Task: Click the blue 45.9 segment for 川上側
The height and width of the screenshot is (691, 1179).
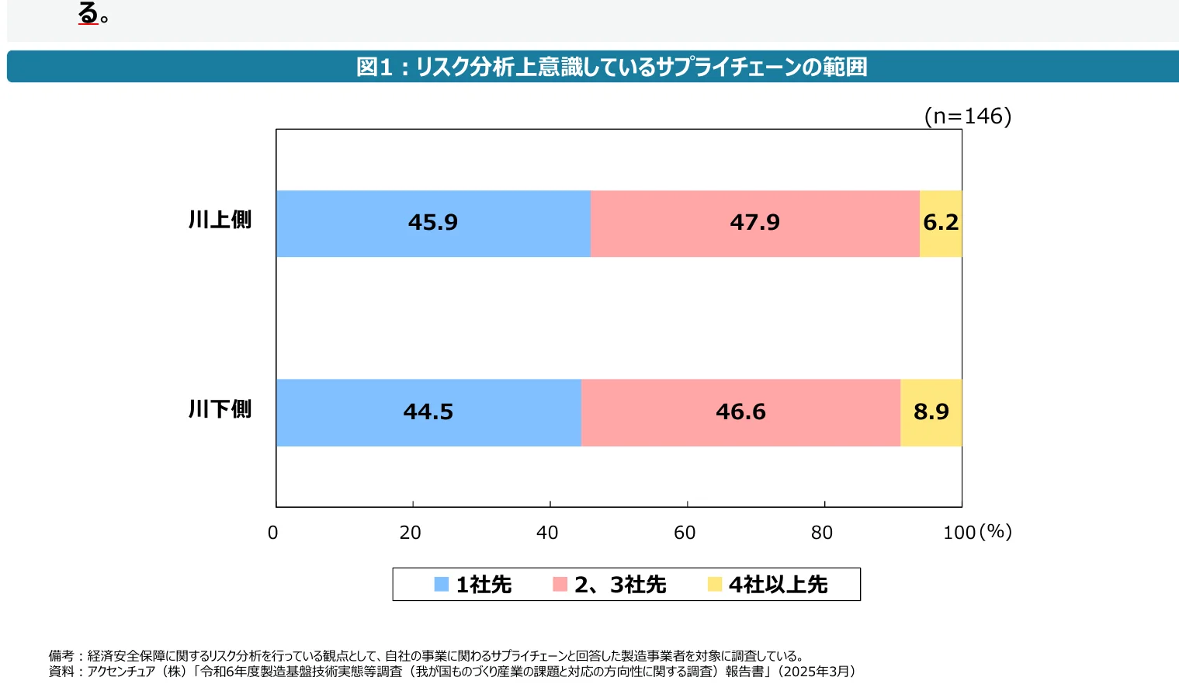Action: coord(433,224)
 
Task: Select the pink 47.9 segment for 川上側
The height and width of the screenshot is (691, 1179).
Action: coord(754,224)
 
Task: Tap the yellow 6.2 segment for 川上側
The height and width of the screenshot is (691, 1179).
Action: coord(941,224)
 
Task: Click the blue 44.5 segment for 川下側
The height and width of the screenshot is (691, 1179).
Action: coord(428,412)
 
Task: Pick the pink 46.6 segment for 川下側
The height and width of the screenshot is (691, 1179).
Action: coord(740,412)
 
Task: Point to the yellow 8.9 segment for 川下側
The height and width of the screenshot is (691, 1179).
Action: coord(931,412)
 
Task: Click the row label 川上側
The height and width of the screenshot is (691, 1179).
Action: coord(220,220)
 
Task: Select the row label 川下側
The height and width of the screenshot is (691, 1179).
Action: coord(220,409)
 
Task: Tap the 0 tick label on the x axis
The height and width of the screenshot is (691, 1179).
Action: coord(272,533)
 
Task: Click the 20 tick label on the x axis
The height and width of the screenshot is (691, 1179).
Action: coord(410,533)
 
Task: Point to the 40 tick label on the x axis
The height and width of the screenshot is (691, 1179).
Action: coord(547,533)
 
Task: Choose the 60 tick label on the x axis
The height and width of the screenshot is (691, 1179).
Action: coord(685,533)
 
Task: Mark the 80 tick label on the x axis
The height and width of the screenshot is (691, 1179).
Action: coord(822,533)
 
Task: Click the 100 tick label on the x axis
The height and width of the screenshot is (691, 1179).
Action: coord(959,533)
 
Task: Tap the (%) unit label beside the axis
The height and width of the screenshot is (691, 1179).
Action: coord(996,532)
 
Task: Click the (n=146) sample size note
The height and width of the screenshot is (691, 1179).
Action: coord(968,116)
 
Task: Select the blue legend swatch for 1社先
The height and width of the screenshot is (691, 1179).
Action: coord(442,585)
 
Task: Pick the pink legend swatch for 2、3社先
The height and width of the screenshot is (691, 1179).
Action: coord(560,585)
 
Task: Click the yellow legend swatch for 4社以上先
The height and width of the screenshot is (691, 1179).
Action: coord(715,585)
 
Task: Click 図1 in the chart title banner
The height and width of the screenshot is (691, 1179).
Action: coord(374,68)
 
